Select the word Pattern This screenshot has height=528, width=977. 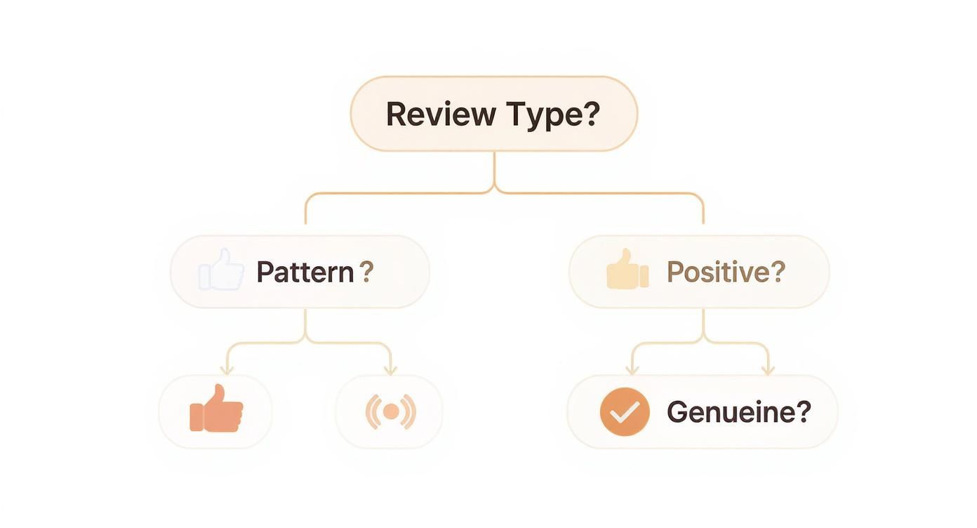[x=305, y=272]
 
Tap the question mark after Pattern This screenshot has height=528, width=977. [x=366, y=272]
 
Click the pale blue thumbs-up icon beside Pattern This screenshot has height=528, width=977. [x=222, y=270]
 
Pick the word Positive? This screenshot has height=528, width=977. [x=725, y=272]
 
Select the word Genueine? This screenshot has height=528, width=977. [x=738, y=412]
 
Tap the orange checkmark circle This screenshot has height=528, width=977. [x=624, y=412]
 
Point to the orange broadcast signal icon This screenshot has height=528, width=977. [x=390, y=411]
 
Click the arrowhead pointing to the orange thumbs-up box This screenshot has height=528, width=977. [x=226, y=369]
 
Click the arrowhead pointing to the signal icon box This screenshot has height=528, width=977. [x=390, y=369]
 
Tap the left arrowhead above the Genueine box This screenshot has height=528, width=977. [x=632, y=369]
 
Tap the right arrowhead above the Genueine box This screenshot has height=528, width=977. [x=768, y=369]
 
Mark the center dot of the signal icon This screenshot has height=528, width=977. [x=390, y=411]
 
